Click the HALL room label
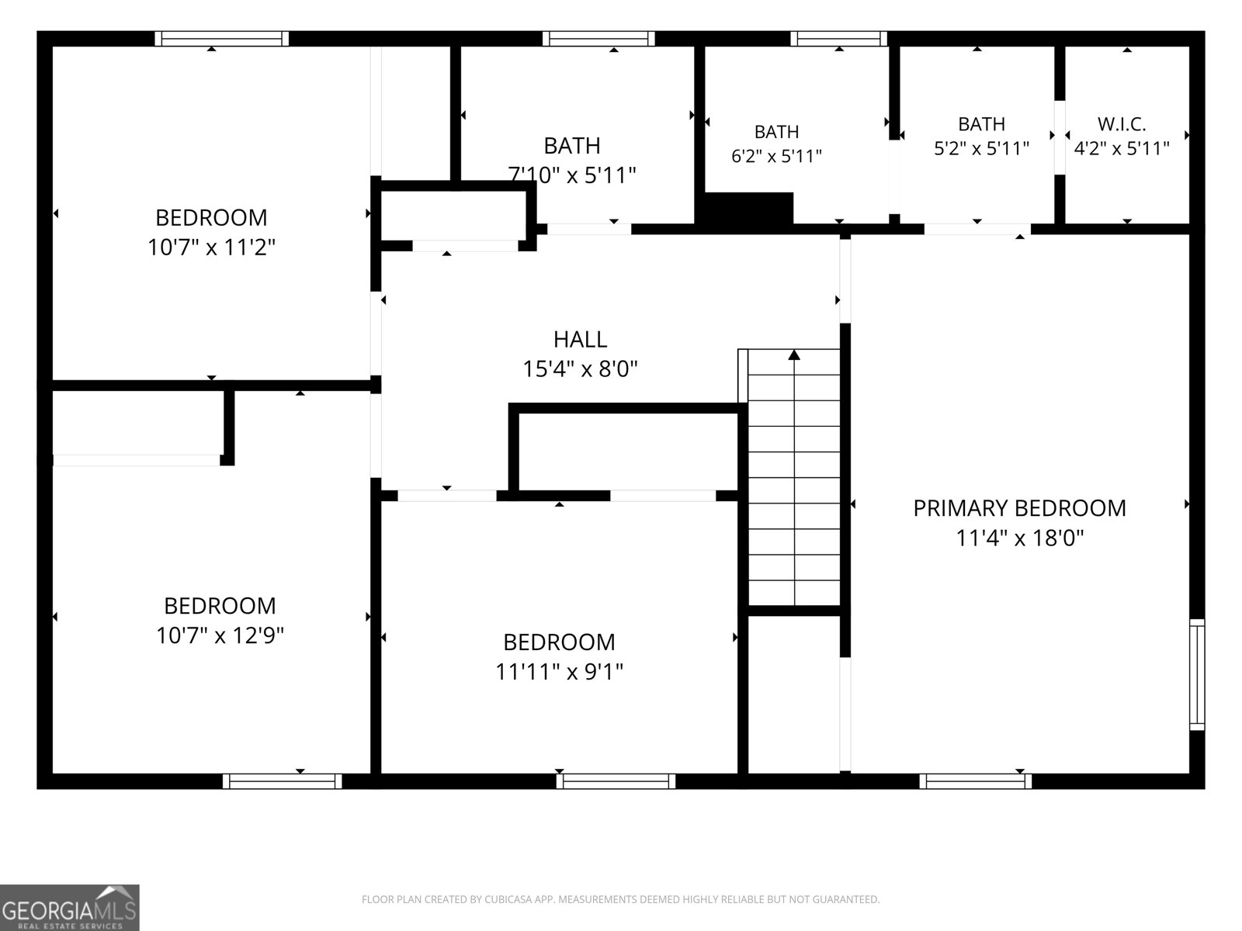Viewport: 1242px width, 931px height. click(580, 340)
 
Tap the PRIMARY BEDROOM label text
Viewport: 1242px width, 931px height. click(1020, 508)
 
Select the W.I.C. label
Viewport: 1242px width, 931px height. click(1122, 124)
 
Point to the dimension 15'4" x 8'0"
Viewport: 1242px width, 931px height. click(580, 369)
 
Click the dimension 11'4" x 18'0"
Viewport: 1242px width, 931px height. click(1020, 538)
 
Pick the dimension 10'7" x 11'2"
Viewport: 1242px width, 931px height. click(211, 247)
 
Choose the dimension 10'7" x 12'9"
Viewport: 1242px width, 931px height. click(220, 635)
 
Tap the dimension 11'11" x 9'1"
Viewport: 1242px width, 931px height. click(559, 672)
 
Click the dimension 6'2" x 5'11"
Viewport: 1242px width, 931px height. click(776, 155)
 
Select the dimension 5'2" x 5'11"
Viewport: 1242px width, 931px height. click(981, 148)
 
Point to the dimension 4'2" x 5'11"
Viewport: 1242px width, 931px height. click(1122, 148)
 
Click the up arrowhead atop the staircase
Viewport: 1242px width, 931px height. click(794, 355)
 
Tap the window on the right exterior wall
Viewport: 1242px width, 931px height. click(1197, 674)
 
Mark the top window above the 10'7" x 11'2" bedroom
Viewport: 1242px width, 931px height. click(222, 39)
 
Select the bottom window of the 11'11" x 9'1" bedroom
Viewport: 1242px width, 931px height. click(616, 781)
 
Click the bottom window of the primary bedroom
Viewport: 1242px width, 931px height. click(975, 781)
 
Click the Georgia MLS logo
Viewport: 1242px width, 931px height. click(70, 908)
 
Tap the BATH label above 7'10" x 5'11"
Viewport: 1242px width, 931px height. click(572, 146)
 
